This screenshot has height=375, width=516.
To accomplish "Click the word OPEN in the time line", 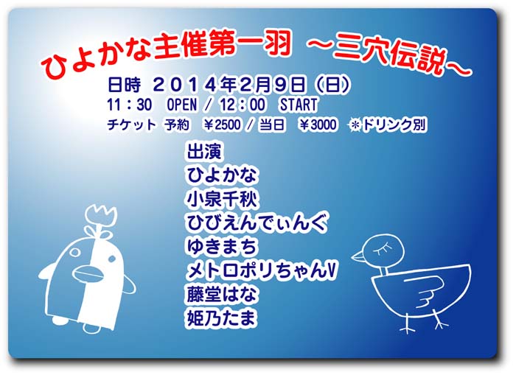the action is [x=182, y=105].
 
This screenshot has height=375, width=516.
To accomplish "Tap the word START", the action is [x=299, y=105].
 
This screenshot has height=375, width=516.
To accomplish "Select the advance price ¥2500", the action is [x=223, y=125].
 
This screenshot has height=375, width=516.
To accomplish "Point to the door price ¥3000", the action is [x=318, y=125].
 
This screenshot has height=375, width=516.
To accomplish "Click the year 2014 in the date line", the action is [x=186, y=85].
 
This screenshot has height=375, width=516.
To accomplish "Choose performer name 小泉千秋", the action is [x=222, y=199].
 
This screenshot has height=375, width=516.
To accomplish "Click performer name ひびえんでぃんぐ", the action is [x=257, y=222].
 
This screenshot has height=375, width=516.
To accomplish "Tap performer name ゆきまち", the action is [x=222, y=247].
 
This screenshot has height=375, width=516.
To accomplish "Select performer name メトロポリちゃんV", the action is [x=262, y=271].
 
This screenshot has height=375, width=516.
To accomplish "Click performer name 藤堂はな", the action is [x=222, y=295].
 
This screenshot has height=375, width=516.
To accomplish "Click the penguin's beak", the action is [x=87, y=273].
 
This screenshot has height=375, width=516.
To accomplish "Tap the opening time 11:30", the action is [x=129, y=105].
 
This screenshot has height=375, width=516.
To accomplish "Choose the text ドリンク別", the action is [x=394, y=125].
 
